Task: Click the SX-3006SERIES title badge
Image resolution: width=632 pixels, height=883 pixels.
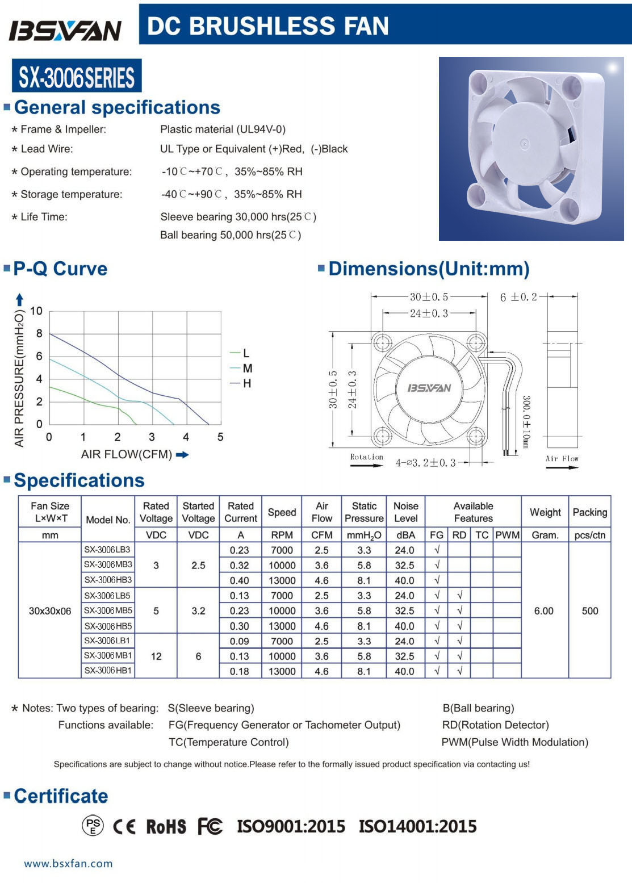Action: click(x=77, y=77)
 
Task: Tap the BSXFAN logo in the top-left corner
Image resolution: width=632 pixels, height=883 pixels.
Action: click(x=65, y=30)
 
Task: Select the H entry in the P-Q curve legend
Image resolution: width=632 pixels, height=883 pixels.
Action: click(x=246, y=384)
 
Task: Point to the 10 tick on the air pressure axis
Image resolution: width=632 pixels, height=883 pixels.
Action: click(x=36, y=311)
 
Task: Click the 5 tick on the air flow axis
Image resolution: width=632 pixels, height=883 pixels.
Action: click(x=220, y=437)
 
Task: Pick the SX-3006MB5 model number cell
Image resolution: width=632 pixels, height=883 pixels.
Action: click(x=108, y=611)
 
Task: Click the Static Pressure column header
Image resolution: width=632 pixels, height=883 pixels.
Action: click(x=364, y=512)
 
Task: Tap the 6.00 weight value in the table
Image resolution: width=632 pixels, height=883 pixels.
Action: click(x=544, y=611)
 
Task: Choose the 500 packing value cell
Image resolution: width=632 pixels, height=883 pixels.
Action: click(x=590, y=611)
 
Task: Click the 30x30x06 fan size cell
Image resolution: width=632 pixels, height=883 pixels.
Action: click(x=50, y=611)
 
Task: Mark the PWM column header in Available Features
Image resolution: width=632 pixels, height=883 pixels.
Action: click(x=507, y=535)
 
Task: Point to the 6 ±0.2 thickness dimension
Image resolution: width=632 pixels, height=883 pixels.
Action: click(x=518, y=297)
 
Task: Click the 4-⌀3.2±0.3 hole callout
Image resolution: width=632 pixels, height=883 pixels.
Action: click(x=426, y=463)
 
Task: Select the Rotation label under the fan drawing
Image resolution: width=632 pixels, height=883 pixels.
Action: click(x=366, y=457)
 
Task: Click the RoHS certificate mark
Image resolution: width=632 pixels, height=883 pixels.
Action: click(x=166, y=827)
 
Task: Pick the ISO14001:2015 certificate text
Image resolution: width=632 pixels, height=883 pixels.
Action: click(x=417, y=826)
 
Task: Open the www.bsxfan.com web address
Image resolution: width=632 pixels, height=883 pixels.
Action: click(x=68, y=864)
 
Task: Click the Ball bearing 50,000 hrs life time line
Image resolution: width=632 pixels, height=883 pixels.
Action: click(x=231, y=235)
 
